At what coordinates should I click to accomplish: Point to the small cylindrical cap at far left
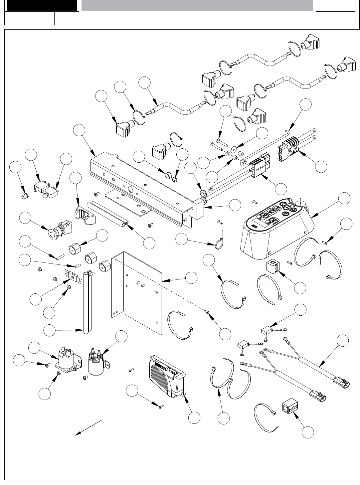tap(23, 196)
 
